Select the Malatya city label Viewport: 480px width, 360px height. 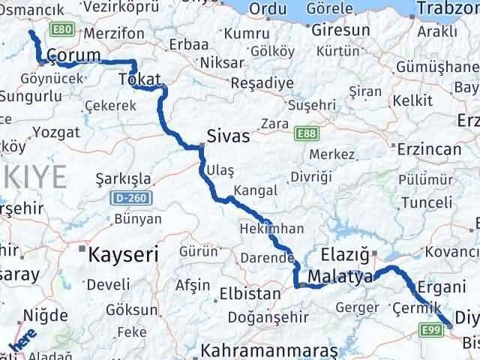point(340,277)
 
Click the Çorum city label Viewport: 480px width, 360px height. point(73,56)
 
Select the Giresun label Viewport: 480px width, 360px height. point(340,31)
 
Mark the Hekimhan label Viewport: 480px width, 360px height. point(271,228)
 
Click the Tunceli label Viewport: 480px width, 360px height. point(426,202)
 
